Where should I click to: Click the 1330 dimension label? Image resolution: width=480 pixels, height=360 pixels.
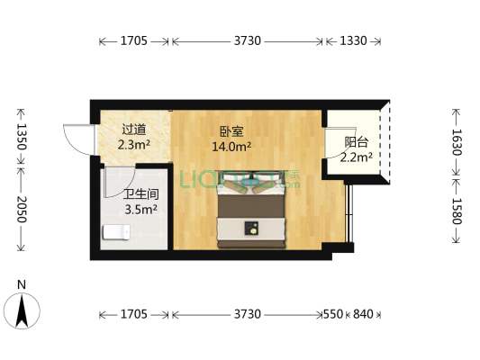coord(354,40)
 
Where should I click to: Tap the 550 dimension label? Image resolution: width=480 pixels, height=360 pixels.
coord(333,314)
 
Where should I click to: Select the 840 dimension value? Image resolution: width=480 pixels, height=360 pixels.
coord(362,314)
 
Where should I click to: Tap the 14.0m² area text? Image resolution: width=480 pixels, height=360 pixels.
coord(231,146)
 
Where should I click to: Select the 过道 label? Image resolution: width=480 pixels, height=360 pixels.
coord(134,128)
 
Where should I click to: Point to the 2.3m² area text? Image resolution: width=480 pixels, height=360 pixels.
coord(134,143)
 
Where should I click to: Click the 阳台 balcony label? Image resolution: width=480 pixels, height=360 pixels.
coord(357,142)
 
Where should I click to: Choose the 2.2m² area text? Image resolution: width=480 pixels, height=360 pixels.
coord(357,158)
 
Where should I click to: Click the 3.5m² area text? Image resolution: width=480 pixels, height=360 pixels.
coord(141,210)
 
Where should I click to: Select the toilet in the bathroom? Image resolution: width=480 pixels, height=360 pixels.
coord(115,233)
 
